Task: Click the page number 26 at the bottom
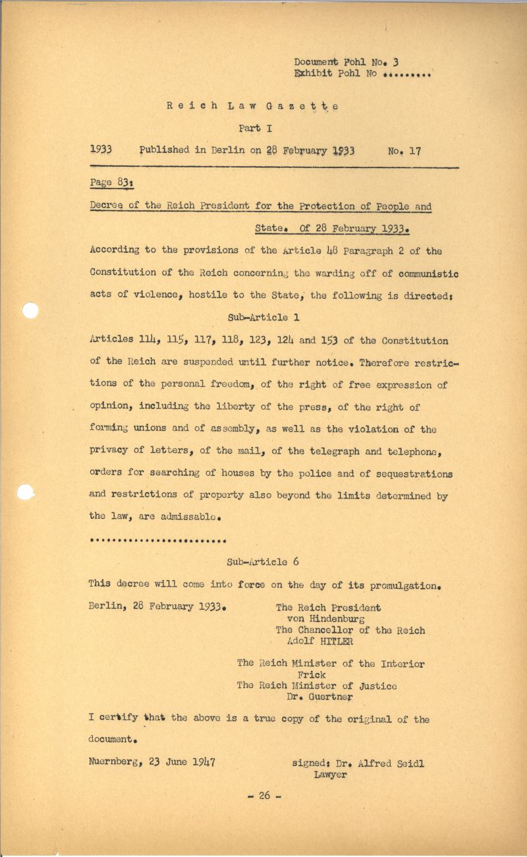(x=265, y=796)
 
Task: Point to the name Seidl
(x=409, y=764)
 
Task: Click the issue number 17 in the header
(x=414, y=151)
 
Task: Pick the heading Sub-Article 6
(x=262, y=562)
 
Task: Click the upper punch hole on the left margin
(x=30, y=310)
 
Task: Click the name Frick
(x=312, y=675)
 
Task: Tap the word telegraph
(x=318, y=452)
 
